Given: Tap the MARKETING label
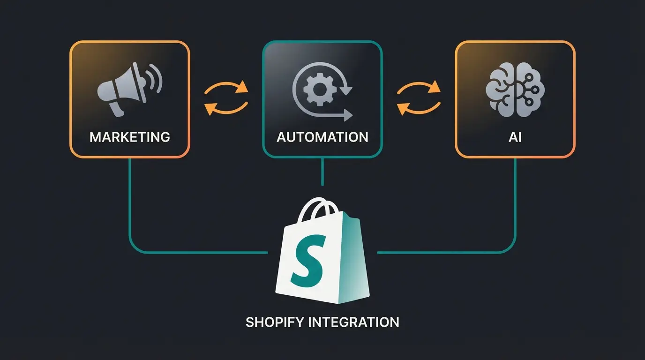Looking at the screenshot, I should (130, 137).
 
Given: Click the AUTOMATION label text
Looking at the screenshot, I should (322, 137).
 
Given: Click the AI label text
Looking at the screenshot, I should (515, 137).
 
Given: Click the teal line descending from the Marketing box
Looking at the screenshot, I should (129, 202).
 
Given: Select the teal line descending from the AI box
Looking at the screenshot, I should (516, 202).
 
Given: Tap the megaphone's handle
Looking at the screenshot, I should (115, 109).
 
